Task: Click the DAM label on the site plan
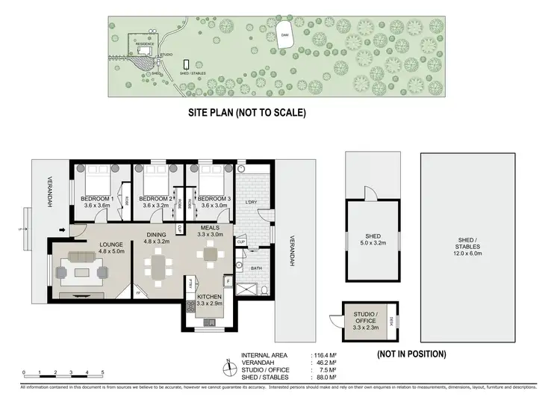point(284,34)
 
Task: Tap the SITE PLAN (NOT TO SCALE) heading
point(246,113)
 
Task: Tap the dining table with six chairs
point(160,266)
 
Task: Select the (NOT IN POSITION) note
point(411,354)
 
